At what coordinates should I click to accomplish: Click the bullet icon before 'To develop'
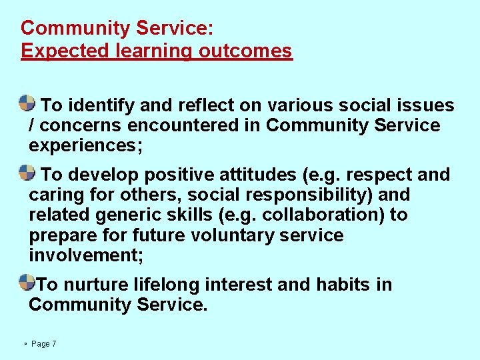pyautogui.click(x=27, y=173)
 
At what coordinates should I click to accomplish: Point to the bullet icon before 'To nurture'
pyautogui.click(x=27, y=282)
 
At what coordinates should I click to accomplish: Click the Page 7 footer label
pyautogui.click(x=43, y=343)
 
